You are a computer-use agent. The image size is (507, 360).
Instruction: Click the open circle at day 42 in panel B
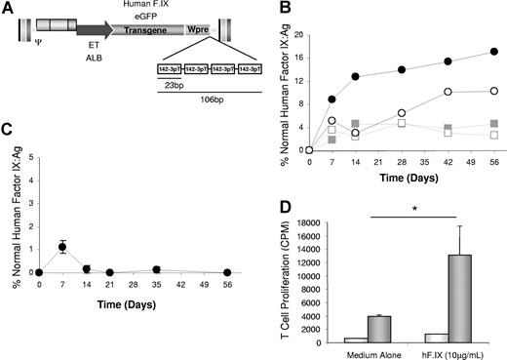pyautogui.click(x=448, y=92)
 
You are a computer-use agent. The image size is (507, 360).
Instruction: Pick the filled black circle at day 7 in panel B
pyautogui.click(x=332, y=99)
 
